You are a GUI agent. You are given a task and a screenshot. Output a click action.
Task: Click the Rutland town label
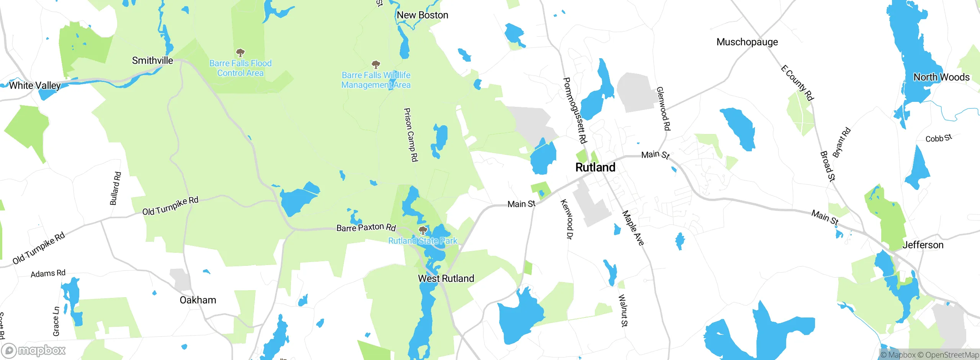click(x=595, y=167)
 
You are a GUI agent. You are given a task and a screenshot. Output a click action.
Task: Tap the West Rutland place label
click(x=446, y=278)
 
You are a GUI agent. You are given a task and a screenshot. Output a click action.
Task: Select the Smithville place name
click(x=152, y=61)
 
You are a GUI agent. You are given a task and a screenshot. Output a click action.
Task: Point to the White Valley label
click(x=35, y=85)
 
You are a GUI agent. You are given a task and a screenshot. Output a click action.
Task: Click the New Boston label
click(x=422, y=15)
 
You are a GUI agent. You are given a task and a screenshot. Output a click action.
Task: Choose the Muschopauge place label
click(x=747, y=42)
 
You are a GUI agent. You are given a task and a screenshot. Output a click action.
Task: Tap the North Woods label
click(x=941, y=77)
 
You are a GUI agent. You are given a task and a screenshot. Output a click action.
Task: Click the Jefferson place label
click(x=923, y=245)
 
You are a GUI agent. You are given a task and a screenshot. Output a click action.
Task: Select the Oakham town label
click(x=198, y=300)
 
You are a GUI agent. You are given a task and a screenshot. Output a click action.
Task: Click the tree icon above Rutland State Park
click(x=423, y=230)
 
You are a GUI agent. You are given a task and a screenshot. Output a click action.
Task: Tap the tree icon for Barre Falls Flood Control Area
click(x=240, y=52)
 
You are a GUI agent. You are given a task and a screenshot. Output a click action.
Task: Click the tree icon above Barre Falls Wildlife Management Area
click(x=376, y=64)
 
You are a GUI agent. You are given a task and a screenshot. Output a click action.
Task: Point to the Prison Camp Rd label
click(x=411, y=134)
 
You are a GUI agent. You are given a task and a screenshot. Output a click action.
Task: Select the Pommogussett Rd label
click(x=574, y=110)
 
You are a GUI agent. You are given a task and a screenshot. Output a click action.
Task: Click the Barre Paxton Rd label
click(x=366, y=228)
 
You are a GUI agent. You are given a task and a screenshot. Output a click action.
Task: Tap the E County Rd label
click(x=797, y=83)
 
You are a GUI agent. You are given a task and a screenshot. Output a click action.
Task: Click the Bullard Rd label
click(x=115, y=188)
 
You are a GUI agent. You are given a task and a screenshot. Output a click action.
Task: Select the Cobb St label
click(x=938, y=138)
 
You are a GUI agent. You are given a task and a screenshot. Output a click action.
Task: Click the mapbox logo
click(x=34, y=350)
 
